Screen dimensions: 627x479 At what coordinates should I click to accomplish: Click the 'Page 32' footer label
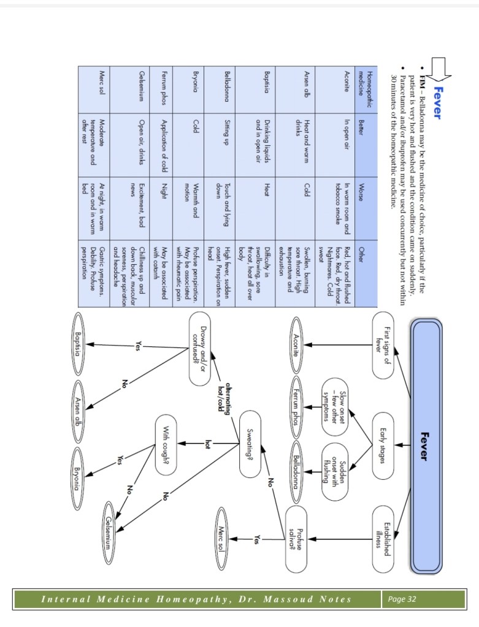point(402,599)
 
